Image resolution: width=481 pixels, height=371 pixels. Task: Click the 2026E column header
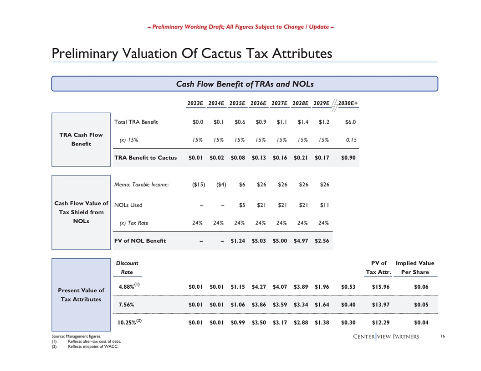(258, 104)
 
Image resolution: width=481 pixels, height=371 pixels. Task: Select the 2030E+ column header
(348, 104)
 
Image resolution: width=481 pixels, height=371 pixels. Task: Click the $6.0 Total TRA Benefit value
(350, 122)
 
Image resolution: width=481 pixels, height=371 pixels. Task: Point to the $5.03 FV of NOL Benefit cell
(259, 241)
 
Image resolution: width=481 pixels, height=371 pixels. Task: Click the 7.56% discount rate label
(126, 305)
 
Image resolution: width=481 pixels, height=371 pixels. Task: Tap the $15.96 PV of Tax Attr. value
(379, 287)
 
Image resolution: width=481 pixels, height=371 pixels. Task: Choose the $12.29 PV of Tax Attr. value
(379, 322)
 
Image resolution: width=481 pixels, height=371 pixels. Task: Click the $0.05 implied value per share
(421, 305)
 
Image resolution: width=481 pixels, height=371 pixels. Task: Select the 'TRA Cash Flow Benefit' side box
(81, 139)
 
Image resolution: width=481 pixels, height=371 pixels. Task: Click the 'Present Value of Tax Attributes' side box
(81, 295)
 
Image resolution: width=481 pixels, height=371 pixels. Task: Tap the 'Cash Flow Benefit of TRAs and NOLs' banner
(245, 84)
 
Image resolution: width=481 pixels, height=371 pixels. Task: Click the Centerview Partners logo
(386, 336)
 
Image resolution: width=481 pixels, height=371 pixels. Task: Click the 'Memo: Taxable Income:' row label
(142, 185)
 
